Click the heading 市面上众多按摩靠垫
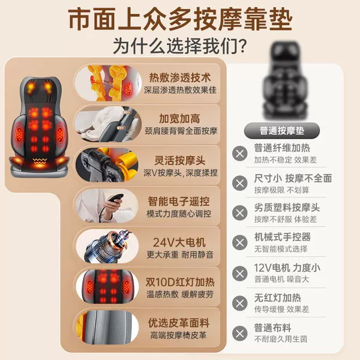(x=180, y=19)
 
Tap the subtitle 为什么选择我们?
(x=180, y=46)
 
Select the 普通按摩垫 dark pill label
(x=282, y=131)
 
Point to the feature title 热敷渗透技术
(x=180, y=77)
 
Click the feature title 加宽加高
(x=179, y=118)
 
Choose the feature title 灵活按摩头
(x=180, y=160)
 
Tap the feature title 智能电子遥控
(x=179, y=202)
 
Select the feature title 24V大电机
(x=179, y=242)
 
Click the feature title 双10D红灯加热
(x=180, y=282)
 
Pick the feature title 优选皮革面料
(x=179, y=323)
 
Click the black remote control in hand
(x=116, y=198)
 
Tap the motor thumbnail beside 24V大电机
(x=107, y=246)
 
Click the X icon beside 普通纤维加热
(x=239, y=154)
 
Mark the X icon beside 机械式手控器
(x=239, y=242)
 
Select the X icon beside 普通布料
(x=239, y=333)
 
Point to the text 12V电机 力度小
(x=287, y=268)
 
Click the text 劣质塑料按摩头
(x=287, y=208)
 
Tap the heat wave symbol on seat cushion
(x=40, y=160)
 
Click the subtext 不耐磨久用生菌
(x=281, y=339)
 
